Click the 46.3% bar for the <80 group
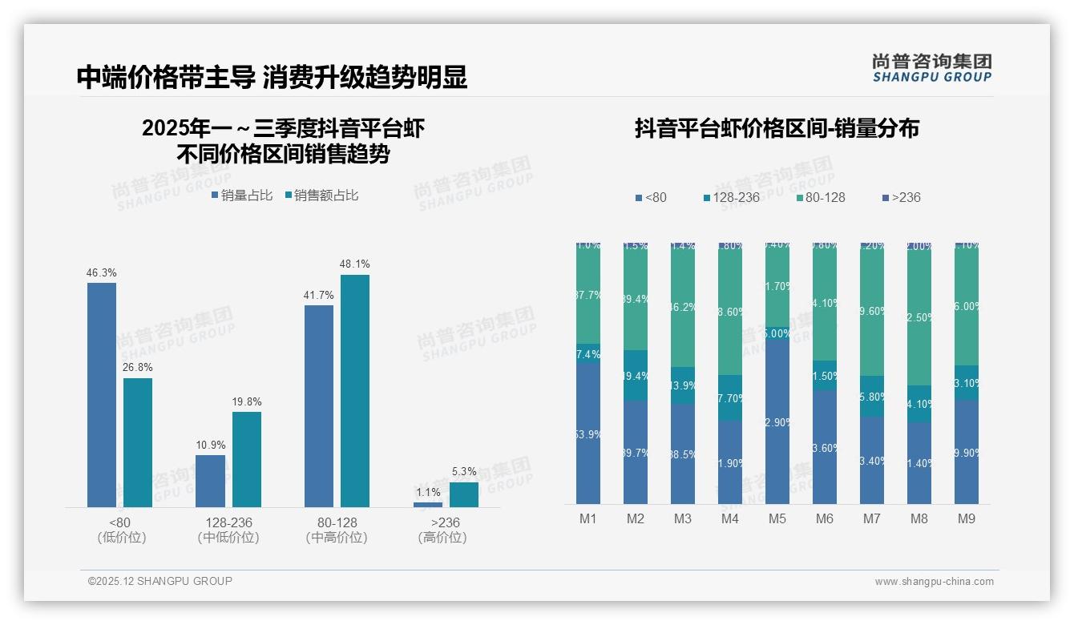[x=102, y=394]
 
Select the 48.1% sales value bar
[x=355, y=390]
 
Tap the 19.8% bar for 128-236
[x=247, y=459]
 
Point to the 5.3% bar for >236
[x=463, y=494]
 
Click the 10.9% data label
[x=211, y=445]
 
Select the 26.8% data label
[x=138, y=368]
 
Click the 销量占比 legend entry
[x=242, y=196]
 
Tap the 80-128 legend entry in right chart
[x=822, y=197]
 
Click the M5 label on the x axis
[x=777, y=518]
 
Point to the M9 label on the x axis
[x=967, y=518]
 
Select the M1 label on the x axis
[x=588, y=518]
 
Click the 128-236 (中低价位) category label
[x=228, y=530]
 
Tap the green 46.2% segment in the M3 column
[x=683, y=306]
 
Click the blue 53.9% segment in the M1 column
[x=588, y=433]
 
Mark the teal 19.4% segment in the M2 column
[x=636, y=376]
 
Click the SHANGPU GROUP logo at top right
[x=931, y=68]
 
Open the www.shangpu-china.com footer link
[x=934, y=582]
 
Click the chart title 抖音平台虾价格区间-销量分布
[x=777, y=128]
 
